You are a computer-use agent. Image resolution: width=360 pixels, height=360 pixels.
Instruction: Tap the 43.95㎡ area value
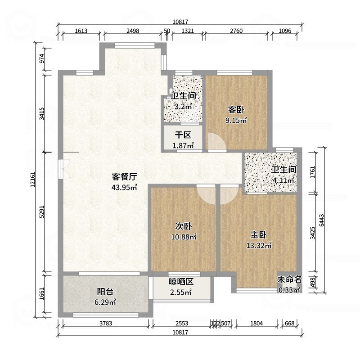click(124, 187)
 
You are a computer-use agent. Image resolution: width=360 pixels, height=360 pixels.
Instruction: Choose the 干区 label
click(183, 135)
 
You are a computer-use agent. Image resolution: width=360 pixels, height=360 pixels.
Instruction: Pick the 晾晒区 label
click(181, 282)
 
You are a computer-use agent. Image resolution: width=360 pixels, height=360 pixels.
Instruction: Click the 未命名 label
click(288, 279)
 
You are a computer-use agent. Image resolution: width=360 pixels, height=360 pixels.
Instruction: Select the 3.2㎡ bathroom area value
click(184, 107)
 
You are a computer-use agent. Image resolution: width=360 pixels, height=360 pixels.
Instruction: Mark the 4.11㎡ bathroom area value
click(283, 180)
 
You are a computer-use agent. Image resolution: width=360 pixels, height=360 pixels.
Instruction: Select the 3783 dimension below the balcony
click(104, 323)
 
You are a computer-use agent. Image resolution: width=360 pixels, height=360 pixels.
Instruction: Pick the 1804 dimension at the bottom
click(256, 323)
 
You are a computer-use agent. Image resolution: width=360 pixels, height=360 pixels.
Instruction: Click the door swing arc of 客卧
click(215, 142)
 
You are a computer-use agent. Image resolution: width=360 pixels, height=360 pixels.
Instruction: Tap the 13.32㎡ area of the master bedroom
click(259, 246)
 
